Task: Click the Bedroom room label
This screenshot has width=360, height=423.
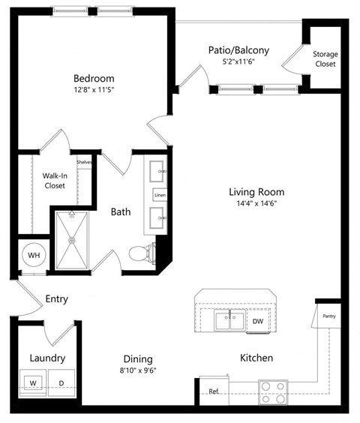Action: point(94,79)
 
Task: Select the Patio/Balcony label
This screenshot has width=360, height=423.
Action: point(238,50)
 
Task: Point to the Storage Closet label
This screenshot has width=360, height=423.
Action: point(325,59)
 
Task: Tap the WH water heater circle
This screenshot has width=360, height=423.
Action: point(34,256)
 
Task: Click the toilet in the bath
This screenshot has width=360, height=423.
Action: point(140,254)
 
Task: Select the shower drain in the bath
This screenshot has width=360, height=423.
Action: point(73,240)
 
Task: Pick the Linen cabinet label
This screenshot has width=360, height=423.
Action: point(160,195)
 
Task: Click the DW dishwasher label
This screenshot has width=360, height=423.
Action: point(257,322)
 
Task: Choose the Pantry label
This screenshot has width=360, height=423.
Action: point(329,316)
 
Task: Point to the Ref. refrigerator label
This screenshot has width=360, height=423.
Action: point(214,391)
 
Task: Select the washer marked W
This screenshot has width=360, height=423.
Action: point(33,383)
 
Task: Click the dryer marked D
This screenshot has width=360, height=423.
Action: point(61,383)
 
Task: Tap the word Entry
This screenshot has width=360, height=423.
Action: point(56,298)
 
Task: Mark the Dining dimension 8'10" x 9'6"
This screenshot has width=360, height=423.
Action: point(139,370)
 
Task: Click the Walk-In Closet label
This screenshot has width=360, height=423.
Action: point(54,181)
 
